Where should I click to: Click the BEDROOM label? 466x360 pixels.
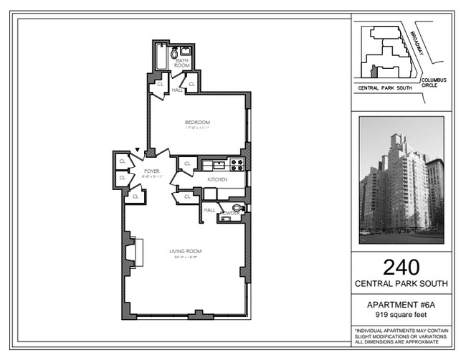click(196, 122)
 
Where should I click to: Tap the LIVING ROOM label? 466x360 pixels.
click(185, 251)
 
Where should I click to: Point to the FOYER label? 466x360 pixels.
click(151, 171)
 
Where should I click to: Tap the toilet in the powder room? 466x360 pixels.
click(238, 208)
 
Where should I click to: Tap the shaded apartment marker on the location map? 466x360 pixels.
click(374, 70)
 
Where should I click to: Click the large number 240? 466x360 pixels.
click(401, 267)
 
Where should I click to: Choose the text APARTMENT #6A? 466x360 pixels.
click(401, 305)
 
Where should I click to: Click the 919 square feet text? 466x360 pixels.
click(401, 315)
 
